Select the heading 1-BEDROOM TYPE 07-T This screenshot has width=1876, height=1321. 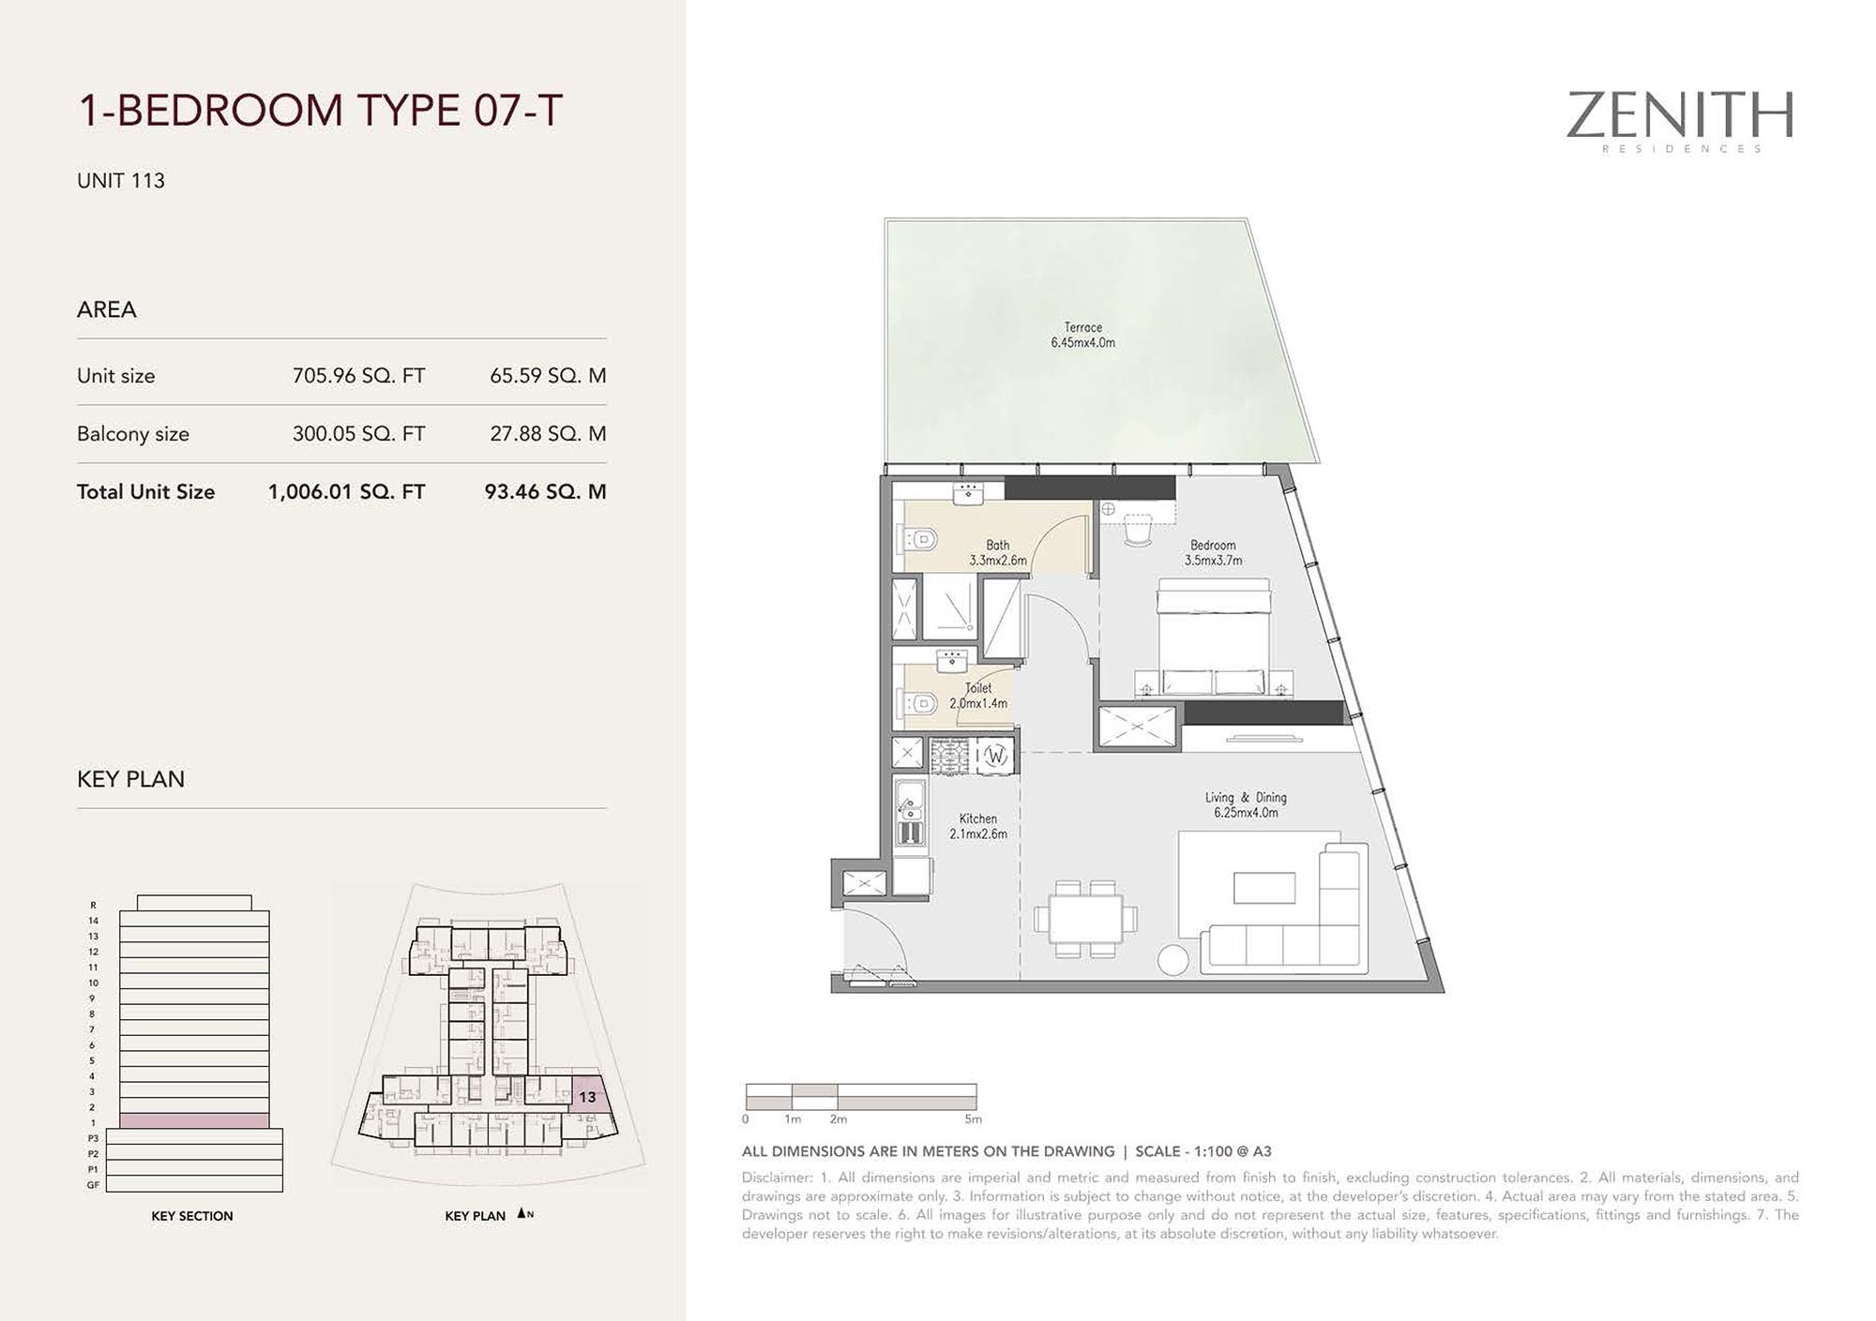[x=320, y=111]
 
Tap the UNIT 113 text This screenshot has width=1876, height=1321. [x=121, y=181]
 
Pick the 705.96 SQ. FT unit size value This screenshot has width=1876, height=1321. [x=358, y=376]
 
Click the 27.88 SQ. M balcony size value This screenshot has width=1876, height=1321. [x=548, y=434]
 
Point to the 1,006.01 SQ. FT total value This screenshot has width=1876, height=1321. [x=346, y=492]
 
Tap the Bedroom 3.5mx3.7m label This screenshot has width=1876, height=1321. [x=1213, y=552]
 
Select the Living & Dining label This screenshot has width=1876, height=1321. [x=1246, y=804]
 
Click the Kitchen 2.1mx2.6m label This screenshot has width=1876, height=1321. [x=978, y=826]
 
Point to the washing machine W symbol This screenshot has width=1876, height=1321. [x=995, y=755]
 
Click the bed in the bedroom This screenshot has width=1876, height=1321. [x=1214, y=637]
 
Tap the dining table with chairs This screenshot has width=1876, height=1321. [x=1086, y=919]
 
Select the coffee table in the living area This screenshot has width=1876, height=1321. [x=1264, y=887]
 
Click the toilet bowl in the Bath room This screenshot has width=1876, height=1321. [x=920, y=539]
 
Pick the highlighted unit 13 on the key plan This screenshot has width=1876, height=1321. [x=587, y=1096]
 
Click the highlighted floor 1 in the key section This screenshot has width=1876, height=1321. [x=194, y=1121]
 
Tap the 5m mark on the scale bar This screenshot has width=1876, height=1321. [x=974, y=1119]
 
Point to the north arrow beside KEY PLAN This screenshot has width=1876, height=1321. [x=522, y=1214]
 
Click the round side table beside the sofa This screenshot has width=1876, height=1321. [x=1173, y=960]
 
